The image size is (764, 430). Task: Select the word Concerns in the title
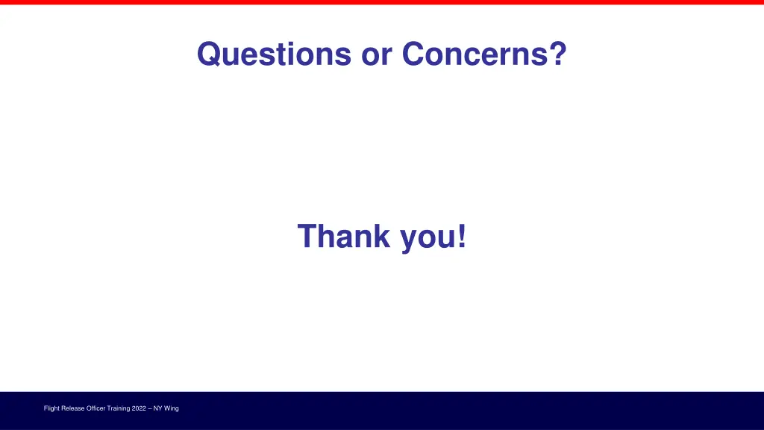click(475, 54)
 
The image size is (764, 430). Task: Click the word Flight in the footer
click(51, 408)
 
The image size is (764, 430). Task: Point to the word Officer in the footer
click(98, 408)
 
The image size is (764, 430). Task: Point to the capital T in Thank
click(306, 237)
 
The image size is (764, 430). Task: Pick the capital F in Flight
click(46, 408)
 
